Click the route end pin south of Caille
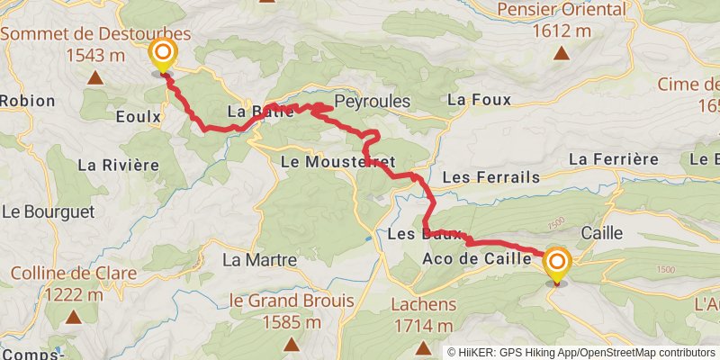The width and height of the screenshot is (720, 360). point(558,264)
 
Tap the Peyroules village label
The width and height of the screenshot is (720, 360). point(372,101)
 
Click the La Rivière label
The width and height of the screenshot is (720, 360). point(118,165)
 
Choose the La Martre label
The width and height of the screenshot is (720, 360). point(259,260)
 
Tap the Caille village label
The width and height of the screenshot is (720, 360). point(602,232)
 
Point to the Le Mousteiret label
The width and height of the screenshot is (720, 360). point(338,163)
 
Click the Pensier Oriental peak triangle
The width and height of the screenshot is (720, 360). point(561,53)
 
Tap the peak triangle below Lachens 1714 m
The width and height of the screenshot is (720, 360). point(424,346)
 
